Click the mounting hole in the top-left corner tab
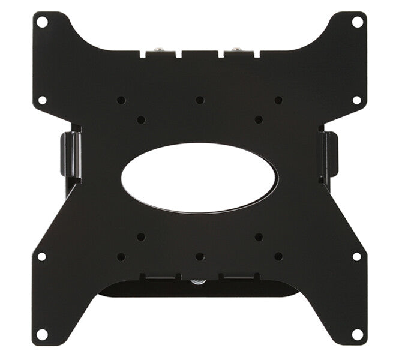point(42,22)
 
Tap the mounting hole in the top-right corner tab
point(357,22)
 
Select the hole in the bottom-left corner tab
point(42,333)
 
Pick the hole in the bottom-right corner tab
point(357,333)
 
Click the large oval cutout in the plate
point(199,178)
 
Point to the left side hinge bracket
point(70,155)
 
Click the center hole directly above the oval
point(200,100)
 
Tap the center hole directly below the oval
point(200,256)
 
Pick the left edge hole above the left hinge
point(42,100)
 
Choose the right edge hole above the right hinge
point(357,100)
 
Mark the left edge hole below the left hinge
point(42,256)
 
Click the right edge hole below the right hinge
point(357,256)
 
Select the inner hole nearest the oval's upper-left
point(140,120)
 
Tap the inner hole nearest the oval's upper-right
point(259,120)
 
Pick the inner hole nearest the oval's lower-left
point(140,236)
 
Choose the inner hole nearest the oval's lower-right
point(259,236)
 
